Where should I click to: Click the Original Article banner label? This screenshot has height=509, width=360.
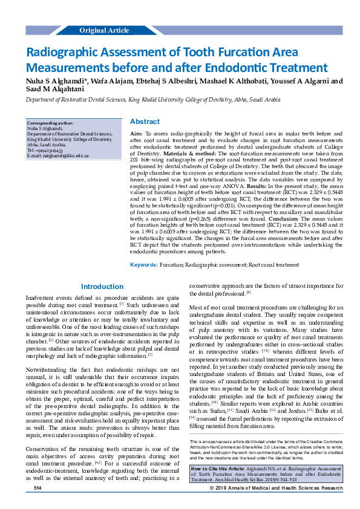[104, 30]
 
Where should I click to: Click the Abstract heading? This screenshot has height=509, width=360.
[145, 122]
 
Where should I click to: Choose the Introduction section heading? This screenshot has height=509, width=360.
[102, 287]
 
